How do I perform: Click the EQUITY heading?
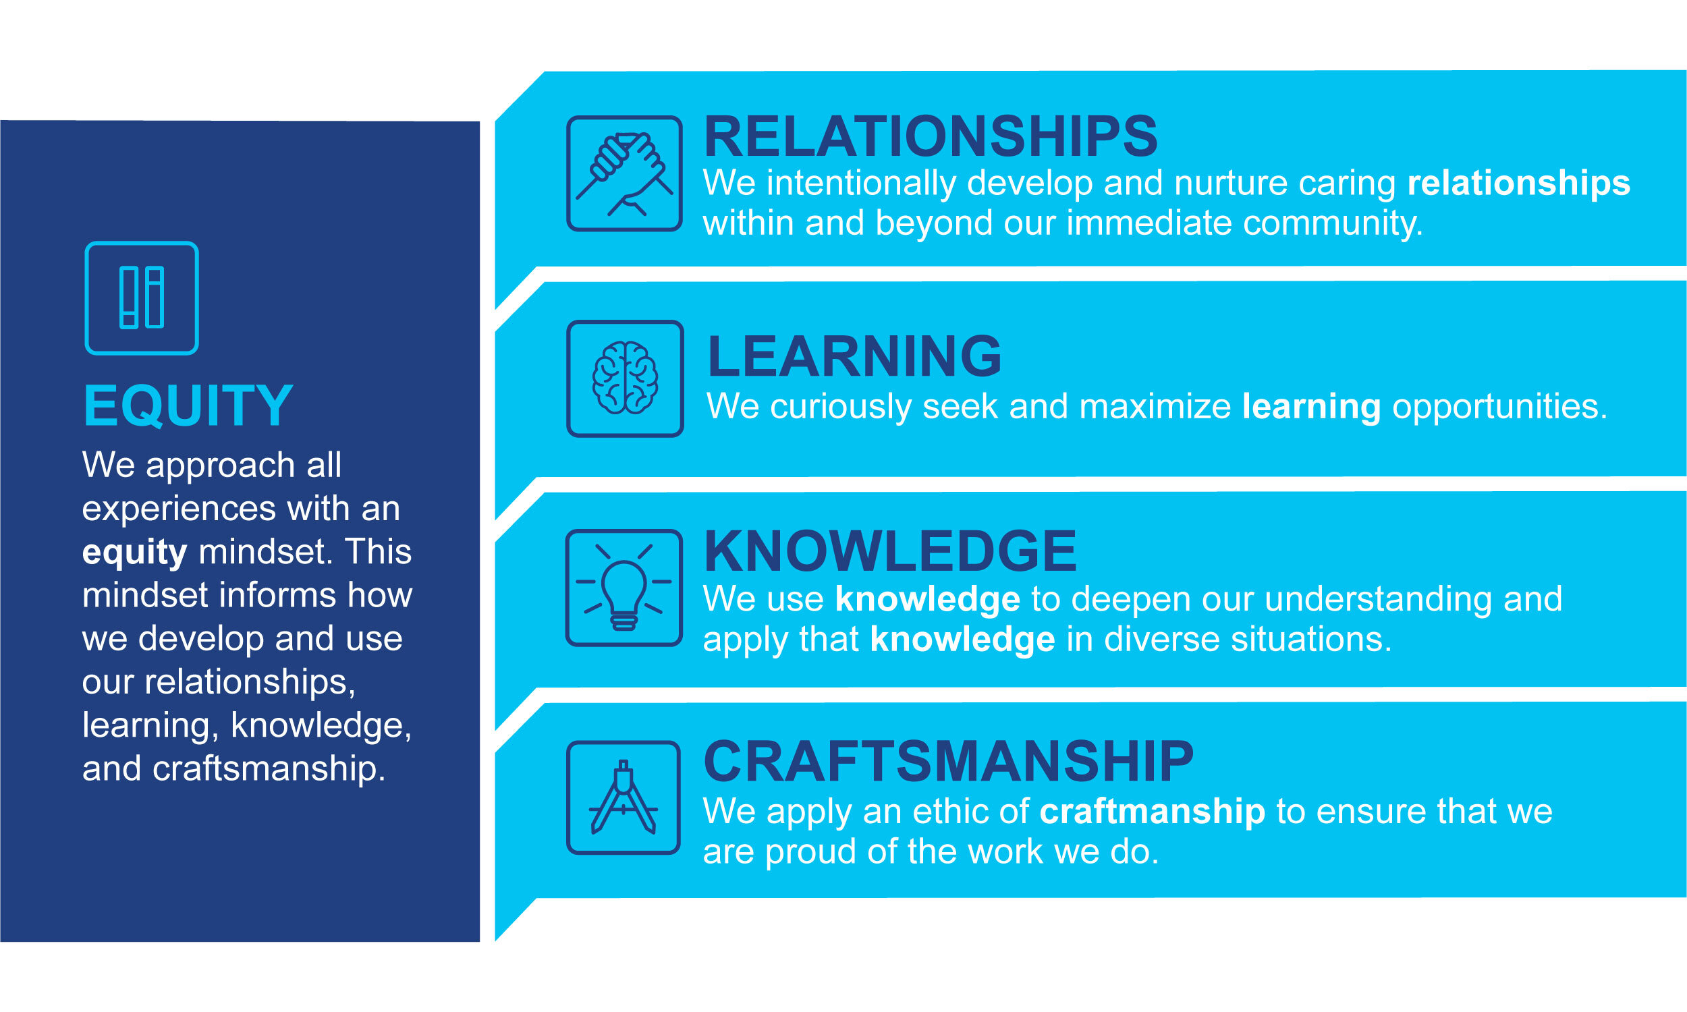coord(188,406)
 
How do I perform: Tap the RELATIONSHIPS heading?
coord(930,137)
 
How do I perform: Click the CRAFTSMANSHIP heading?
coord(948,762)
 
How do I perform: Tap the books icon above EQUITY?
coord(142,298)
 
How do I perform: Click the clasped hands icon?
coord(624,174)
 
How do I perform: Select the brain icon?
coord(625,378)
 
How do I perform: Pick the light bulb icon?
coord(624,588)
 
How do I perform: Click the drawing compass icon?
coord(624,797)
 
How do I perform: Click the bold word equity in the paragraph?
coord(134,553)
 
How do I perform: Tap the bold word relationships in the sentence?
coord(1518,184)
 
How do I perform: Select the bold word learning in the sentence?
coord(1311,407)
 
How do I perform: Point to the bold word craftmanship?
coord(1153,812)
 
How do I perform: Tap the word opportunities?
coord(1499,407)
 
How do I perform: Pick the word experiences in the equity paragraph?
coord(179,509)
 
